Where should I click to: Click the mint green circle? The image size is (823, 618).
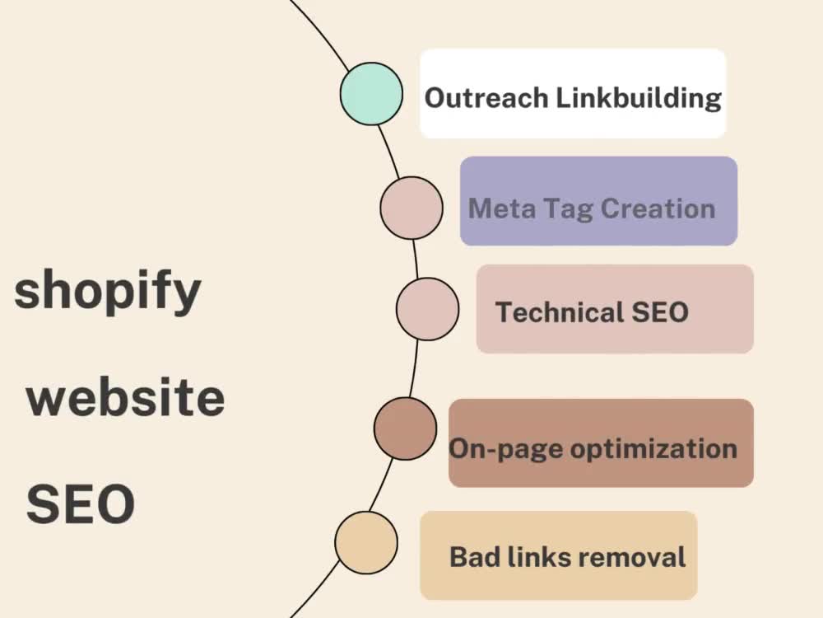(x=371, y=94)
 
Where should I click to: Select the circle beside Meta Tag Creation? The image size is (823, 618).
(x=411, y=208)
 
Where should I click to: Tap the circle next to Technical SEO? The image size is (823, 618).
(x=427, y=309)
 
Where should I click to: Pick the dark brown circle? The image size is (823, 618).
(x=405, y=428)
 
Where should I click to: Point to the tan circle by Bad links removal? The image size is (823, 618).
(x=366, y=543)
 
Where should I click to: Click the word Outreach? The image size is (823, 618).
(x=486, y=98)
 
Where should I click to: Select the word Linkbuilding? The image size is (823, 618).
(x=639, y=98)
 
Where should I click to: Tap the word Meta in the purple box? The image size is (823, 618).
(x=502, y=208)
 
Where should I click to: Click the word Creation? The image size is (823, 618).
(x=658, y=208)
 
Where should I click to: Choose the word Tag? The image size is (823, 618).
(x=568, y=209)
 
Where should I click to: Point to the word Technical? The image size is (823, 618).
(x=560, y=312)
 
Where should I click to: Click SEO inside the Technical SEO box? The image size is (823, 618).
(x=660, y=312)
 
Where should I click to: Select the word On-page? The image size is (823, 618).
(x=506, y=450)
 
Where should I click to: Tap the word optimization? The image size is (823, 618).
(x=653, y=450)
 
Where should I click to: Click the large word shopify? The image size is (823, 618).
(x=108, y=292)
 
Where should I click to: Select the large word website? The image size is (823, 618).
(x=125, y=397)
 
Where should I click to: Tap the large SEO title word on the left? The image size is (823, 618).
(x=81, y=504)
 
